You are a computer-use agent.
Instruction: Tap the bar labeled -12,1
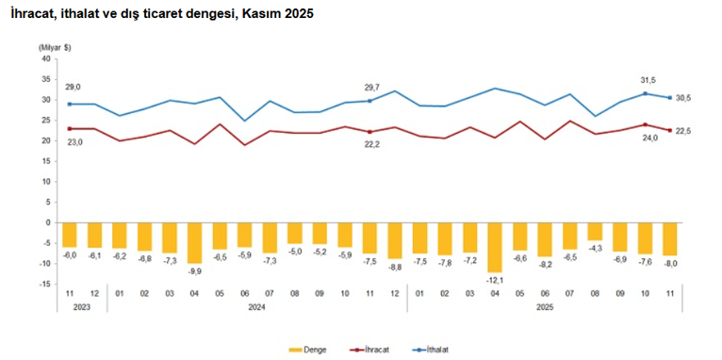(494, 247)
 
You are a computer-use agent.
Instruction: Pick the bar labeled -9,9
(194, 242)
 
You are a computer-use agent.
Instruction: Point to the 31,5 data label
(645, 79)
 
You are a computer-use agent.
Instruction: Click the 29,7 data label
(369, 87)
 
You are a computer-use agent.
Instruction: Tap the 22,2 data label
(369, 143)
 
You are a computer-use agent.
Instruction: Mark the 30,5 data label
(684, 98)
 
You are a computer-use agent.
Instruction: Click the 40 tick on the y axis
(44, 58)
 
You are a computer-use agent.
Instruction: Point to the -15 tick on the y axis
(44, 284)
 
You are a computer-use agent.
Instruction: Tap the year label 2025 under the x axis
(544, 306)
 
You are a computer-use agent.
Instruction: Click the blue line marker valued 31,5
(645, 93)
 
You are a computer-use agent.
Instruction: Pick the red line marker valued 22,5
(669, 130)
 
